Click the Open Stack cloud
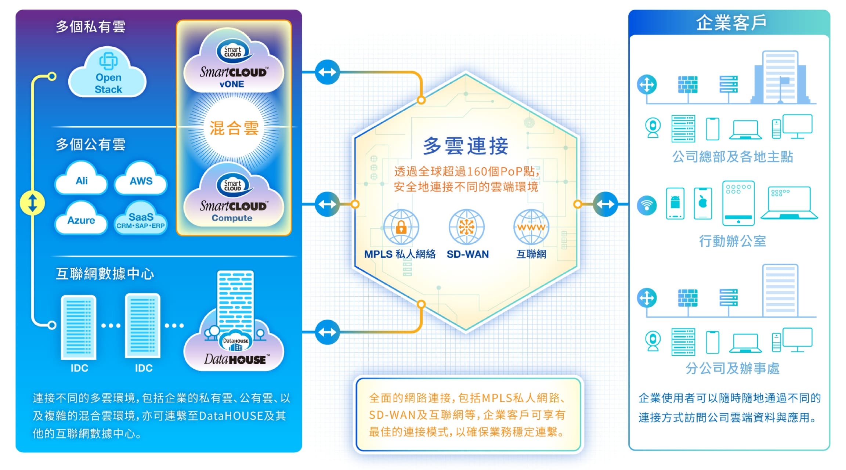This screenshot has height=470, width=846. [x=108, y=75]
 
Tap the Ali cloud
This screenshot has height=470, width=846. [x=82, y=180]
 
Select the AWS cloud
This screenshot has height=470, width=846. [x=141, y=180]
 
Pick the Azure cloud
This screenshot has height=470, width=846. [x=81, y=220]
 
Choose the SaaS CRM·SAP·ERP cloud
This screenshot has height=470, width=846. [x=141, y=220]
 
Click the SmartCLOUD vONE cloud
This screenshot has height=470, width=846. [x=233, y=64]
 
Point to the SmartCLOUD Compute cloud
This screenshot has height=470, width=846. [x=233, y=198]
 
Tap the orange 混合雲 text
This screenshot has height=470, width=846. [x=234, y=128]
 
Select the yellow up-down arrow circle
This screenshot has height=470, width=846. [x=32, y=203]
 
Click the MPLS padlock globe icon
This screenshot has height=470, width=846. [x=401, y=227]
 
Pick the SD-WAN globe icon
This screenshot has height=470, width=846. [x=467, y=227]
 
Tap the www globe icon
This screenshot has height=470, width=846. [x=531, y=227]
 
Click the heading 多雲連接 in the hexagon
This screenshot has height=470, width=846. [x=466, y=146]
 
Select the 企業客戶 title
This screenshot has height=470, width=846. [x=731, y=23]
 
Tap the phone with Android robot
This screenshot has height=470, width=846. [x=675, y=203]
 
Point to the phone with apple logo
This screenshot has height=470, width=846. [x=703, y=203]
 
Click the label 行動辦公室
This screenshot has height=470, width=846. [x=732, y=241]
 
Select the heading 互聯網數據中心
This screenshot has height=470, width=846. [x=105, y=274]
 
